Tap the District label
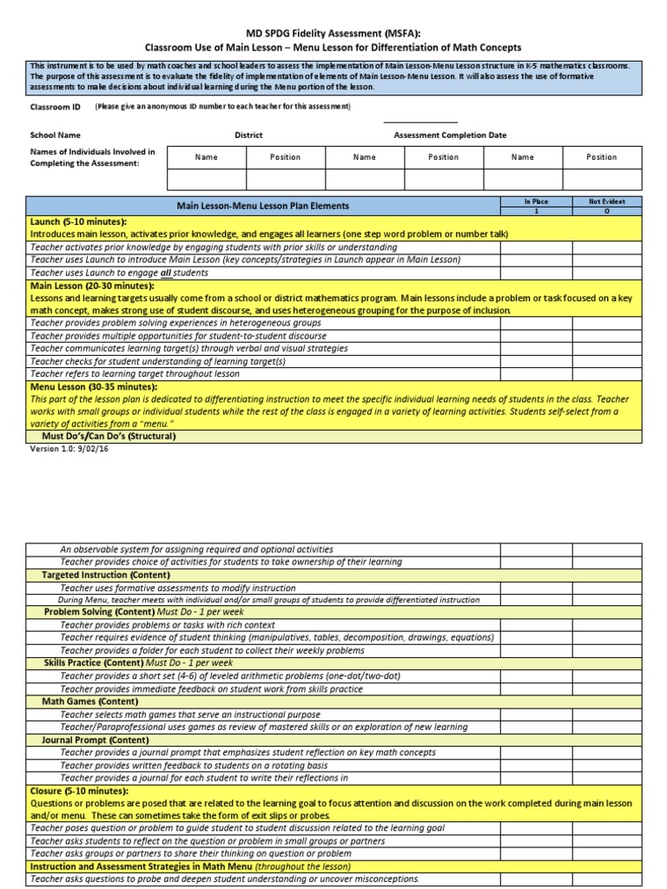248,135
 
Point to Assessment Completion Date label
450,135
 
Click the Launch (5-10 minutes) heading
78,222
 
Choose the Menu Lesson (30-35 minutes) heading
94,386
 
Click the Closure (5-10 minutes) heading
79,792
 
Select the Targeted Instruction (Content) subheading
106,575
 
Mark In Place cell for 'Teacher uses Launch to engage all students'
536,273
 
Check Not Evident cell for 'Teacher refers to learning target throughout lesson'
606,373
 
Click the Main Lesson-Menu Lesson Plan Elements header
263,206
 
